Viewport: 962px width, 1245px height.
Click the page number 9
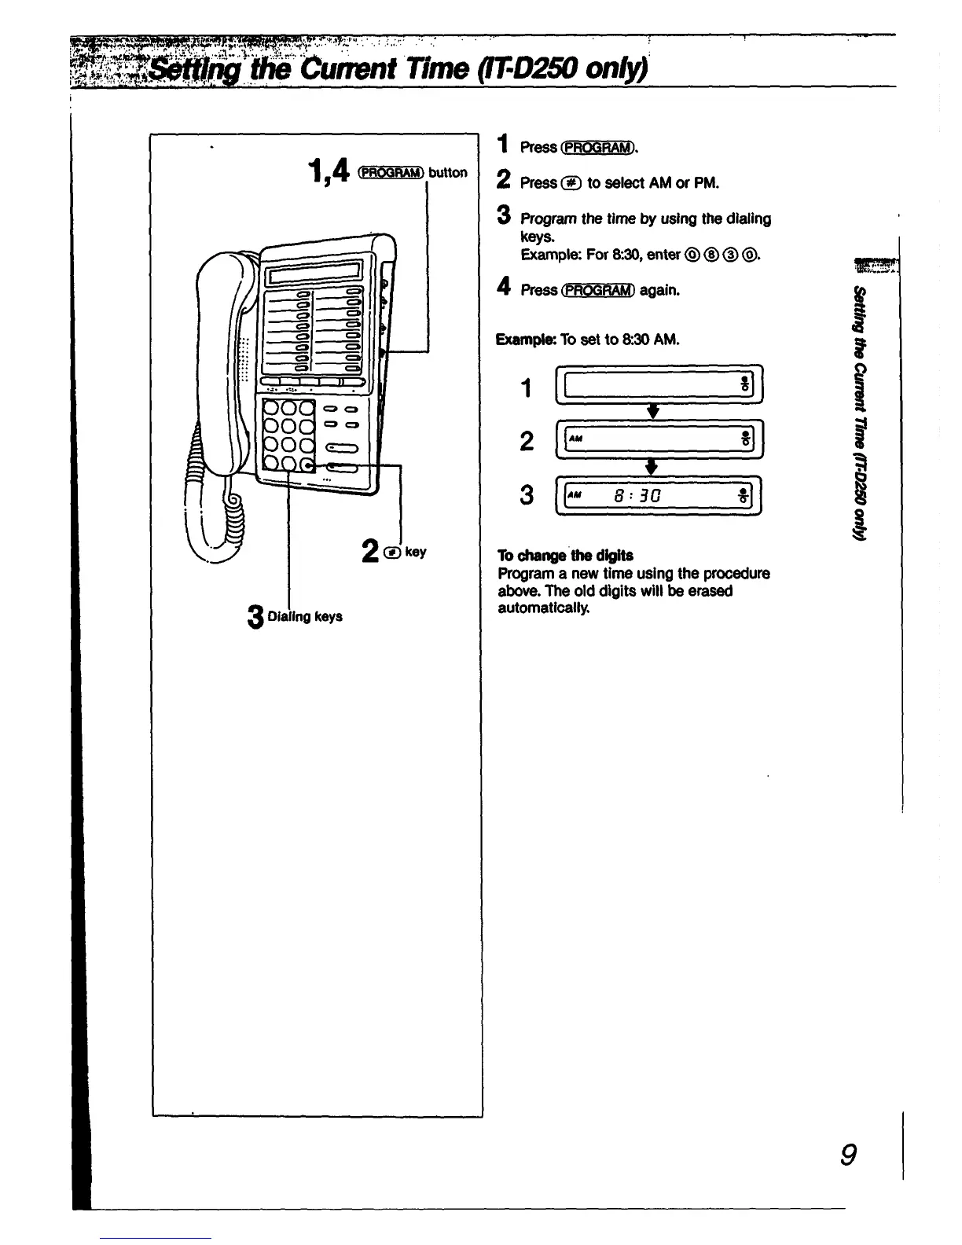(x=847, y=1155)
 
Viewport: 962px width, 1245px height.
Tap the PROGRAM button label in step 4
(x=598, y=290)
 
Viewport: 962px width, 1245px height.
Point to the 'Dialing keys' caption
(x=305, y=616)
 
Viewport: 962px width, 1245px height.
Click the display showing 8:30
(x=659, y=496)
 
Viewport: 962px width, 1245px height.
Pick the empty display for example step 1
(x=659, y=385)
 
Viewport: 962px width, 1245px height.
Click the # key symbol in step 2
(x=571, y=182)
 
